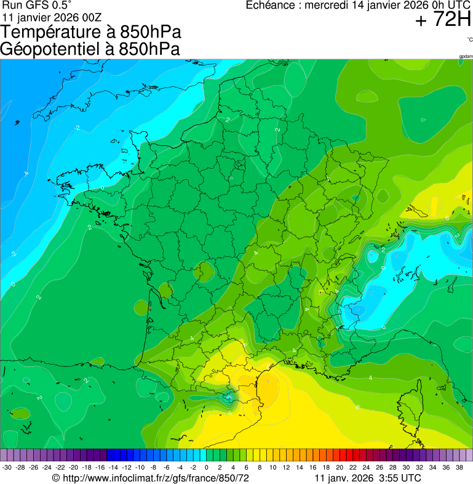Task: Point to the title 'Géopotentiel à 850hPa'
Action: click(90, 49)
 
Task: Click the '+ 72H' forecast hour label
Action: click(443, 20)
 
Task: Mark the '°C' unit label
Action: click(469, 39)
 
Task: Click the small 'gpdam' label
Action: click(466, 57)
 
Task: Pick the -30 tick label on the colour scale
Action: click(7, 468)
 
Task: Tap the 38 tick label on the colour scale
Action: click(459, 468)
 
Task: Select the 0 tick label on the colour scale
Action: click(206, 468)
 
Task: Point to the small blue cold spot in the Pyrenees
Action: click(229, 398)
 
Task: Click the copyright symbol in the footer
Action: click(56, 478)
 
